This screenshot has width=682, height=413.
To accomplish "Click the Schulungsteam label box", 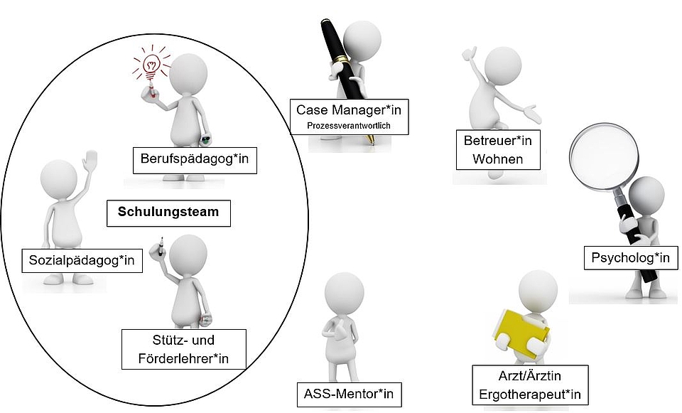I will point(168,212).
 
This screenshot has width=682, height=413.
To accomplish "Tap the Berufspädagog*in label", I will point(195,160).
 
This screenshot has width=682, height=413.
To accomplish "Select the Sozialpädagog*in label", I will point(81,261).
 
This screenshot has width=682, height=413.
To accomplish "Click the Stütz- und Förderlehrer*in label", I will point(183,349).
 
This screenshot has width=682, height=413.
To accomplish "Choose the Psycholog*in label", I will point(630,257).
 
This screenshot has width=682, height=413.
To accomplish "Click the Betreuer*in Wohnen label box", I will point(497,149).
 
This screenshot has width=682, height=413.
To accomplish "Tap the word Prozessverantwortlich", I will point(349,127).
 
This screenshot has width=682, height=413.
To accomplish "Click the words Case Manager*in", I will point(349,110).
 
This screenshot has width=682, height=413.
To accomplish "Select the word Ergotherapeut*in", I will point(530,393).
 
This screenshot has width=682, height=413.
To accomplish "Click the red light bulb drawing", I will point(151,65).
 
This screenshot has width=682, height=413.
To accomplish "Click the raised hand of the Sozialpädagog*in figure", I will point(89,161).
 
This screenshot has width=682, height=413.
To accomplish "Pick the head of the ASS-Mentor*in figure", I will point(345,292).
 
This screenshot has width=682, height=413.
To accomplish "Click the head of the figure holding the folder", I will point(538,289).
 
